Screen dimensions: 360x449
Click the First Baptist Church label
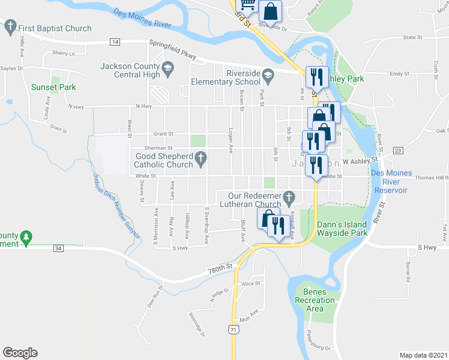[55, 28]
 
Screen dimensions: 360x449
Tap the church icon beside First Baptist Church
[10, 26]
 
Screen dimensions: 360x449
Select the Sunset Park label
[53, 87]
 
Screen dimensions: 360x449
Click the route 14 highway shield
[115, 41]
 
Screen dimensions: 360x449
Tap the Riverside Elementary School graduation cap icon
[268, 75]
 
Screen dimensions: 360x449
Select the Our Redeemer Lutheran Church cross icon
[289, 197]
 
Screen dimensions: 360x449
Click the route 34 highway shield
[58, 248]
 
